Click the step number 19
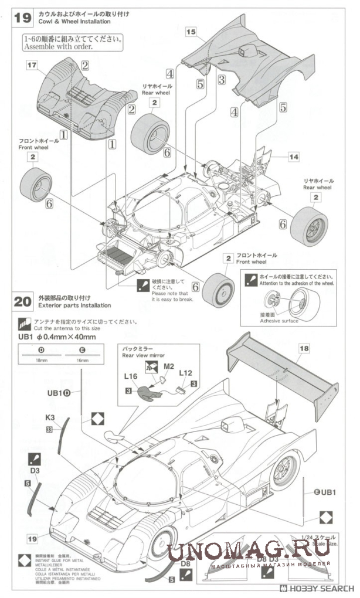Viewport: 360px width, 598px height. (x=23, y=18)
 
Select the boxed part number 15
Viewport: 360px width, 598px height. (x=191, y=33)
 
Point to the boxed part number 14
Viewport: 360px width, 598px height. (x=294, y=157)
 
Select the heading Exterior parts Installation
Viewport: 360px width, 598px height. (x=71, y=305)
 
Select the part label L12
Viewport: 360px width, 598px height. (x=186, y=373)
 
